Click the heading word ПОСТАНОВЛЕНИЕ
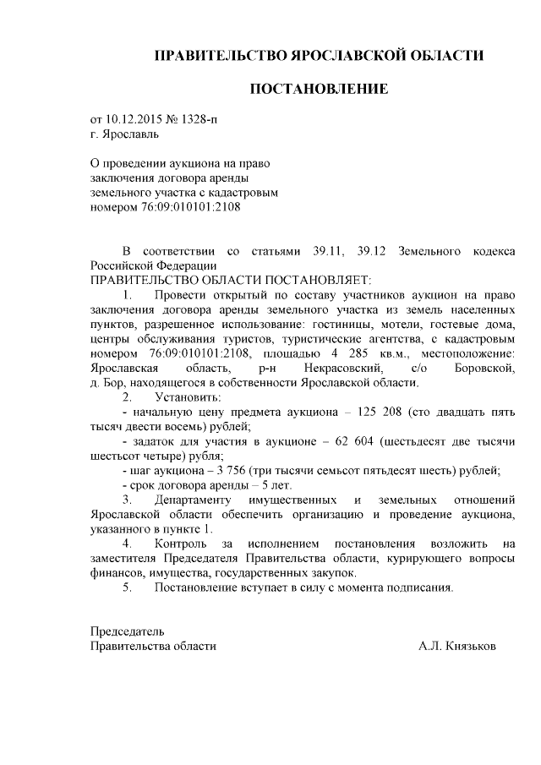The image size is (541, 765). [x=318, y=89]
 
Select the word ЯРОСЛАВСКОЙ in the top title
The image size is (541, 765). [x=337, y=56]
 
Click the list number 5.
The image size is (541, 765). [x=127, y=588]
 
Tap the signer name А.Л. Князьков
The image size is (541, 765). [x=457, y=646]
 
